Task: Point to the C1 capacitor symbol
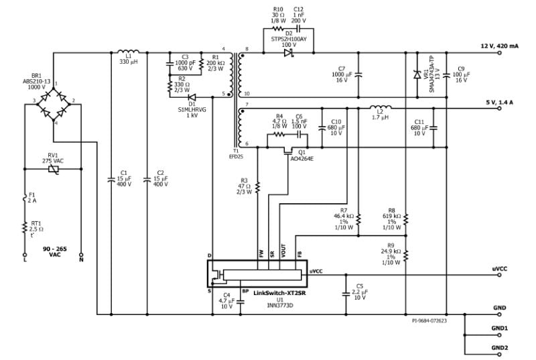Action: coord(111,180)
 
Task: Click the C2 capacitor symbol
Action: coord(147,180)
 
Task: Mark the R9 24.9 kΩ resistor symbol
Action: coord(406,253)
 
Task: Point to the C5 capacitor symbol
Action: coord(346,293)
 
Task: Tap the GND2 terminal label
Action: coord(500,348)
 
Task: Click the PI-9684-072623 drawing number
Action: coord(429,320)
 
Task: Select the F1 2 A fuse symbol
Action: coord(25,199)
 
